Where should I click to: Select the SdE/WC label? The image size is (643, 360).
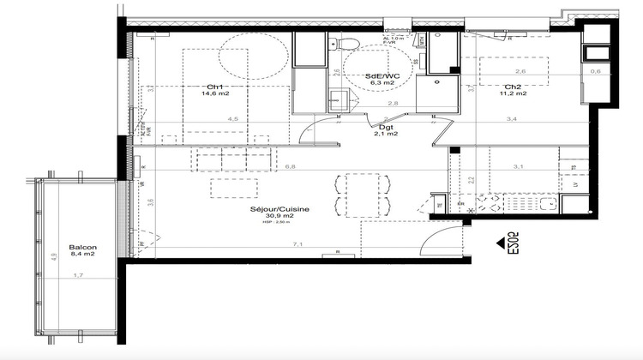pos(383,76)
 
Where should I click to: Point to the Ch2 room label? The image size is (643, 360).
pos(513,87)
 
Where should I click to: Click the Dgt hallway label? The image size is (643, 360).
pos(387,125)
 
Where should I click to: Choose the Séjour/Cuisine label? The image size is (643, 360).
pos(279,208)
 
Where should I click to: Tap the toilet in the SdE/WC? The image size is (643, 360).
pos(347,44)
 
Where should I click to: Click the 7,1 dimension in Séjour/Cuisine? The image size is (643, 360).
pos(297,244)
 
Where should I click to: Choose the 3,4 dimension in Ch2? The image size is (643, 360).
pos(512,120)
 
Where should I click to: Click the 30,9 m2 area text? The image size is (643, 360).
pos(279,217)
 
